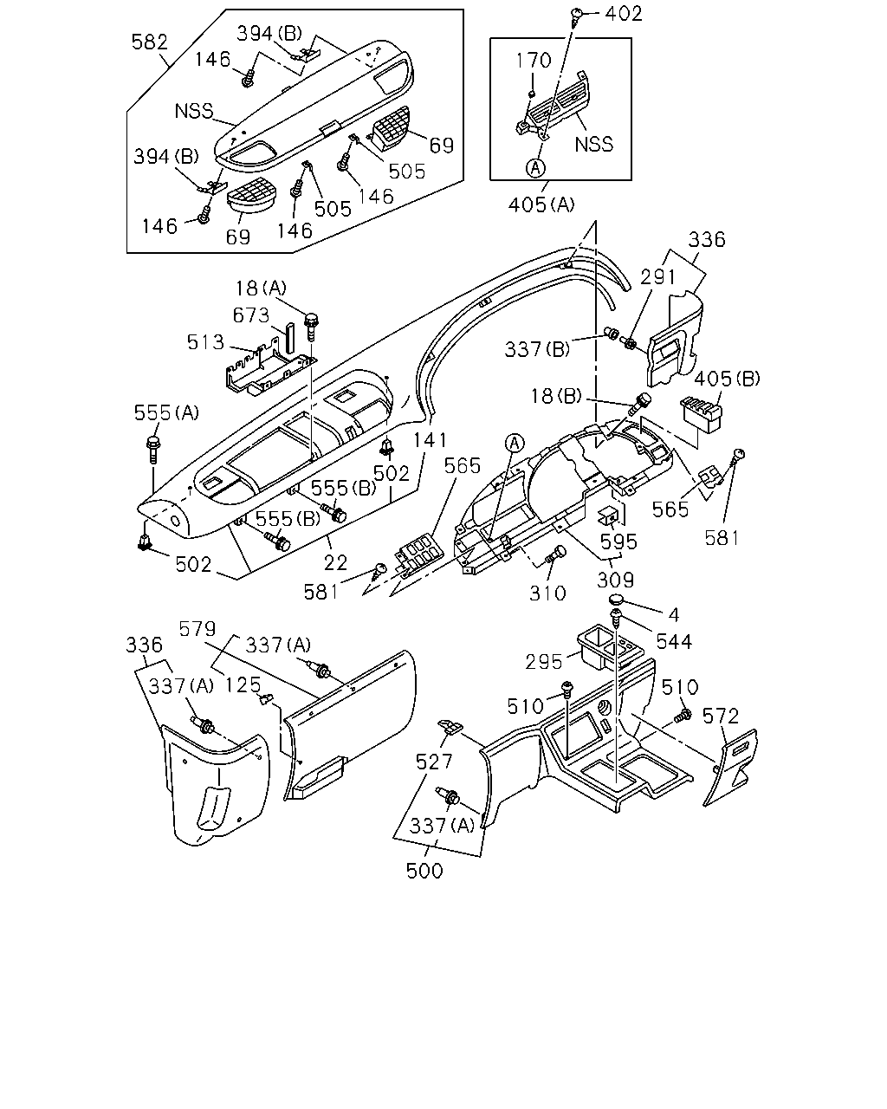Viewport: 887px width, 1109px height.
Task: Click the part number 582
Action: click(150, 42)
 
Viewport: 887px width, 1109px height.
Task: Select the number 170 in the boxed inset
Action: click(534, 61)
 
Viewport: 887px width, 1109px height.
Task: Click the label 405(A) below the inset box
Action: click(541, 204)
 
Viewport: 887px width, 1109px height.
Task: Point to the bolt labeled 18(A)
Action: click(311, 327)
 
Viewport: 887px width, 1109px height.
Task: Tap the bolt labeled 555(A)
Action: click(153, 450)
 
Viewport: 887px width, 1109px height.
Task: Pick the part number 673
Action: click(251, 315)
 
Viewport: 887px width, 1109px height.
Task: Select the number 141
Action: click(431, 440)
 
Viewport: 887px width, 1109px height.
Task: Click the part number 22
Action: click(335, 562)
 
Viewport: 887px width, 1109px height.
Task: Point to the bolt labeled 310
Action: click(555, 555)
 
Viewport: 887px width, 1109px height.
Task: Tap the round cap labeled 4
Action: click(617, 600)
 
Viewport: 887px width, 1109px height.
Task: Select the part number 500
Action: click(424, 871)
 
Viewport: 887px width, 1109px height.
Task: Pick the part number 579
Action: click(197, 628)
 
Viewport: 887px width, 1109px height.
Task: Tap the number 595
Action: click(619, 542)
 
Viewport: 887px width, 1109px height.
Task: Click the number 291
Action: click(657, 277)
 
